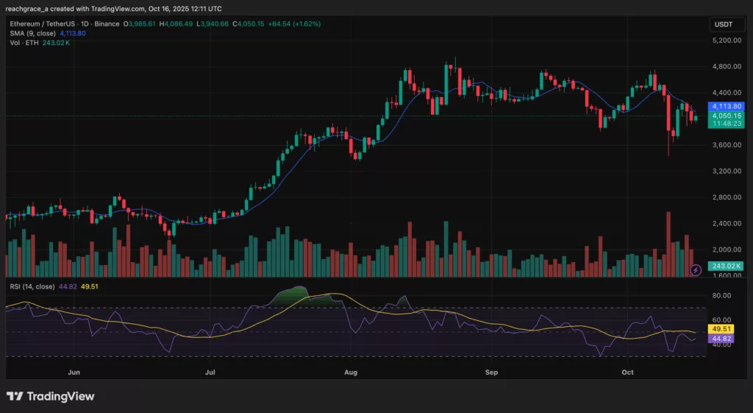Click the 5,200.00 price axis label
coord(727,40)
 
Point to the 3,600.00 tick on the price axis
coord(727,145)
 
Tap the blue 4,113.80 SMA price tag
coord(727,105)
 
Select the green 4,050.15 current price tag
coord(727,116)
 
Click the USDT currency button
coord(724,24)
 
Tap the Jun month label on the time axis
coord(74,373)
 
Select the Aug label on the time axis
coord(351,373)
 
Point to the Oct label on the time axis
coord(627,373)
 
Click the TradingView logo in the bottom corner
coord(51,397)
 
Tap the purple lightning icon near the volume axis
coord(696,271)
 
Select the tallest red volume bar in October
coord(668,243)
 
